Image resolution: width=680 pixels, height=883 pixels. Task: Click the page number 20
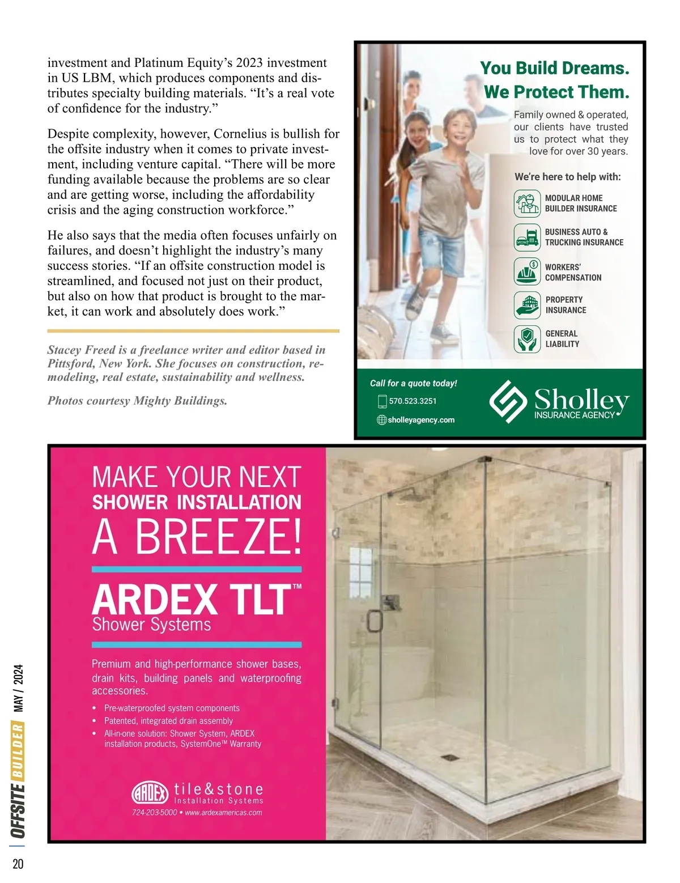click(x=18, y=864)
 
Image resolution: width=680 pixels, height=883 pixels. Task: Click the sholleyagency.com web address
click(x=421, y=420)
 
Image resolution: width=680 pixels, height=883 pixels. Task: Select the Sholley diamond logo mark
click(x=508, y=401)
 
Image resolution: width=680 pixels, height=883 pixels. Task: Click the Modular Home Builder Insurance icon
click(x=527, y=203)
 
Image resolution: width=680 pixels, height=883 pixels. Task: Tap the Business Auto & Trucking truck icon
click(x=527, y=237)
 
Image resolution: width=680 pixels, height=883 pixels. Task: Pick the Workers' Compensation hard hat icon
click(x=527, y=271)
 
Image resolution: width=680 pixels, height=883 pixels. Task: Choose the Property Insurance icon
click(x=527, y=305)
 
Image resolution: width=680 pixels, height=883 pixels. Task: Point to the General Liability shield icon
click(x=527, y=339)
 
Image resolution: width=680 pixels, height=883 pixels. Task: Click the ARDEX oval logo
click(x=150, y=793)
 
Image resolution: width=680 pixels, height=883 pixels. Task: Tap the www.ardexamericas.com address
click(x=223, y=813)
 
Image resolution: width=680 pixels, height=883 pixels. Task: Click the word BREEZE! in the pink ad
click(x=218, y=537)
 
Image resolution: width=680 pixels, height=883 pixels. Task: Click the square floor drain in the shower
click(x=449, y=757)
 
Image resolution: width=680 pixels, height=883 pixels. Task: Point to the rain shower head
click(x=411, y=496)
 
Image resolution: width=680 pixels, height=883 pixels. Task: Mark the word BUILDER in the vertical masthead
click(x=18, y=750)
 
